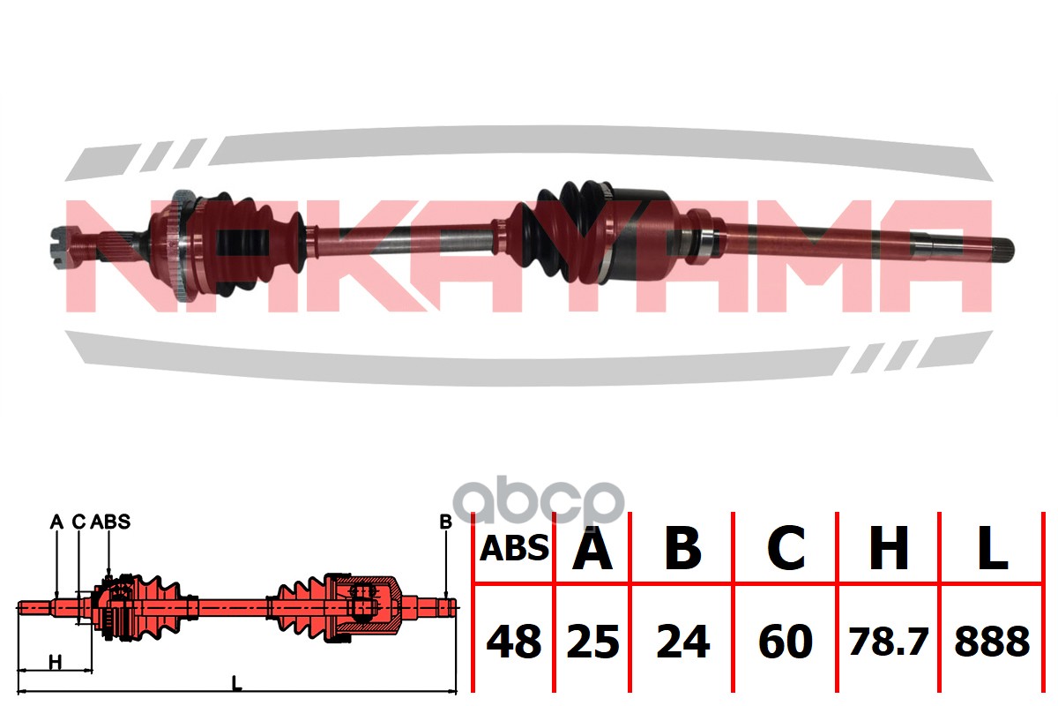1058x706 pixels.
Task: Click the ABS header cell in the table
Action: click(x=514, y=549)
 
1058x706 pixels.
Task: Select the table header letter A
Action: click(x=592, y=548)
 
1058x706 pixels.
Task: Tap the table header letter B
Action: click(x=682, y=548)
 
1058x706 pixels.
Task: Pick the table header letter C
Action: click(x=786, y=548)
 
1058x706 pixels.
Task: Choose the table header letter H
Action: click(x=889, y=548)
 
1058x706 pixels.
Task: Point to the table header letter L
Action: click(x=992, y=548)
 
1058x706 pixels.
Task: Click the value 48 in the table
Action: click(x=514, y=642)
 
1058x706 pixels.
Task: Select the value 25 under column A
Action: click(x=592, y=642)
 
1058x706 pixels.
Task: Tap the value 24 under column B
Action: click(x=683, y=642)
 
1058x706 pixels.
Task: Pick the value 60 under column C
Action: click(x=786, y=642)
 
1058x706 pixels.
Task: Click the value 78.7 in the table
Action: click(x=889, y=642)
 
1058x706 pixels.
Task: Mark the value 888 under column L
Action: click(x=992, y=642)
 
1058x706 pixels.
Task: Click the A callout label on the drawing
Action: click(x=56, y=522)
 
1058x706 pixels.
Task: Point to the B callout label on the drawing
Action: click(x=445, y=522)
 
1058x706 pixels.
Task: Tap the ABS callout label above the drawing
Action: click(x=110, y=522)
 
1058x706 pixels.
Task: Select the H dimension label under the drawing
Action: click(x=56, y=663)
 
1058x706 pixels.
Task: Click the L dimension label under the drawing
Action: click(x=236, y=683)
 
